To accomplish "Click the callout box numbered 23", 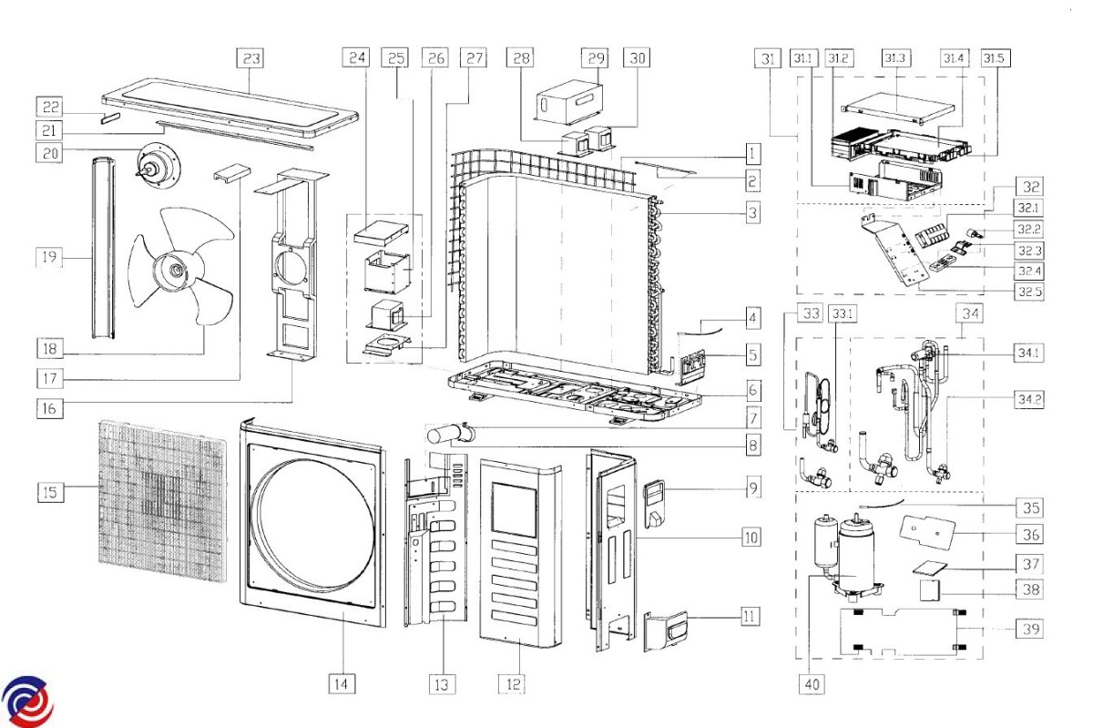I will pos(250,58).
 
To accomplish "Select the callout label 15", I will pos(51,492).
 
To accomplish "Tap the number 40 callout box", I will pos(813,683).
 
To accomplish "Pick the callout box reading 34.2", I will pos(1029,398).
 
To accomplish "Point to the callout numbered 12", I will pos(513,683).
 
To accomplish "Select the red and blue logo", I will pos(27,701).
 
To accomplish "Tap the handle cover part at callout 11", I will pos(666,631).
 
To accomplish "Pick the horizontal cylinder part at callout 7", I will pos(451,434).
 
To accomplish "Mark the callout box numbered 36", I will pos(1030,534).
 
